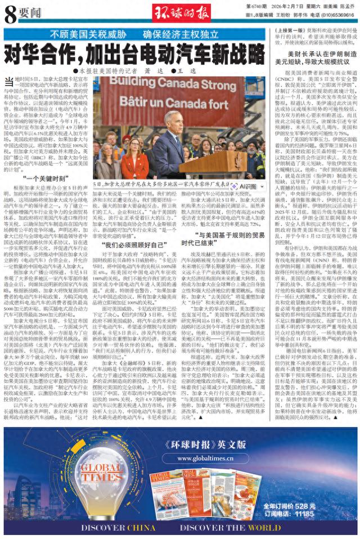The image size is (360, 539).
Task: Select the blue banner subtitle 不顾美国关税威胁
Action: [x=84, y=34]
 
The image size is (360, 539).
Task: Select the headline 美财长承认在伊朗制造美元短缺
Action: [x=314, y=57]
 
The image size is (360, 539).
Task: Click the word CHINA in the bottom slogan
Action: [x=130, y=528]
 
